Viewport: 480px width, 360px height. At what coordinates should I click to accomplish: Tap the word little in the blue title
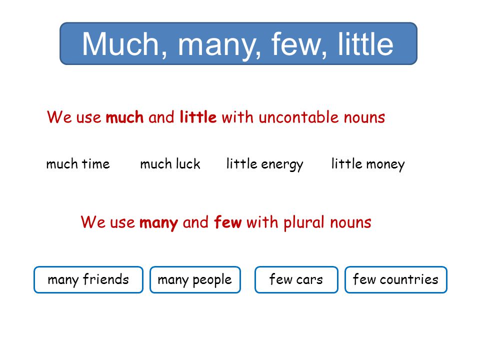coord(365,44)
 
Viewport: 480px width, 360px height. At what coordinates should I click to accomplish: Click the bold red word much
coord(124,117)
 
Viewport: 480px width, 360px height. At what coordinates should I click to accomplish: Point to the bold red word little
coord(198,117)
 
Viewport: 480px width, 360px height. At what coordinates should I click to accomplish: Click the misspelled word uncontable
coord(298,117)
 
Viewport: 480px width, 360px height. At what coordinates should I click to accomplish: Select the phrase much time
coord(78,164)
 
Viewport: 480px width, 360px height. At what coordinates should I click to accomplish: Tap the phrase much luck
coord(170,164)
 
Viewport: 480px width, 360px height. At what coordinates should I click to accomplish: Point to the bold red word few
coord(228,222)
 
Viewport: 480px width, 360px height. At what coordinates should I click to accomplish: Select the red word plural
coord(303,222)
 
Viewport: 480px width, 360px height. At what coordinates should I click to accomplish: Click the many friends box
coord(88,280)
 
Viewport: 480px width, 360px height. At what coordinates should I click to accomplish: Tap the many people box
coord(195,280)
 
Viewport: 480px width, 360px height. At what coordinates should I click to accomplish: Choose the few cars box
coord(296,280)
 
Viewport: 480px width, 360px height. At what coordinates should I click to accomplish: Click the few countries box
coord(396,280)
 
